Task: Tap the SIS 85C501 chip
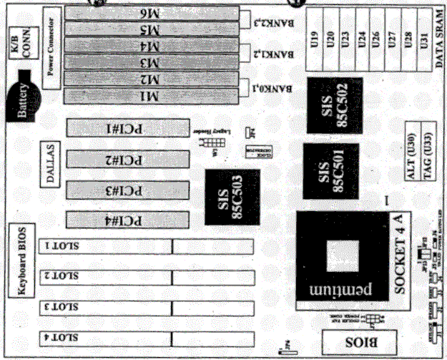[330, 172]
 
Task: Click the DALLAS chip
[51, 164]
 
